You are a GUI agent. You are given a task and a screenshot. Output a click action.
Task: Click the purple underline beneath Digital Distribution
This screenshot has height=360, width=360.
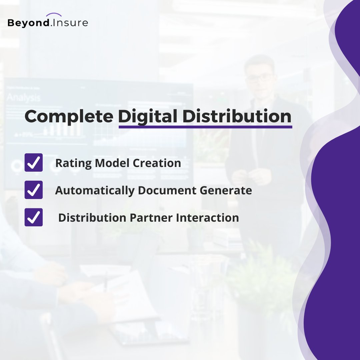(205, 127)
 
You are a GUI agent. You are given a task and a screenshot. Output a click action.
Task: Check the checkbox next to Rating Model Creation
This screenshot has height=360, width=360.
(34, 163)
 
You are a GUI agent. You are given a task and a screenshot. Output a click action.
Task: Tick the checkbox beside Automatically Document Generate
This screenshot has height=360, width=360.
(34, 190)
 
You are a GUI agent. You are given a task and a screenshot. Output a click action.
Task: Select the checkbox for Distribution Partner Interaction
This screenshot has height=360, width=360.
(34, 217)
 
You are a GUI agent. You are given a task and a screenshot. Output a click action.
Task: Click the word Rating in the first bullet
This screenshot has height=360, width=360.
(73, 163)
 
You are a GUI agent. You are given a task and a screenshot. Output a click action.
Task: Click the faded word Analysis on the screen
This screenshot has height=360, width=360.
(23, 98)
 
